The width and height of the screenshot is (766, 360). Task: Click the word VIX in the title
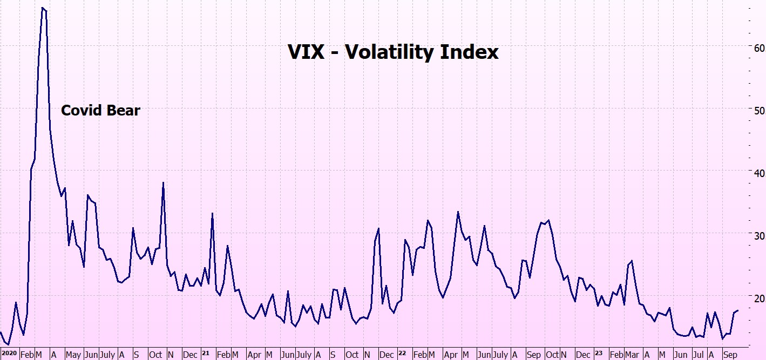coord(306,52)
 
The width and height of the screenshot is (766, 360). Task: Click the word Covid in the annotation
coord(80,111)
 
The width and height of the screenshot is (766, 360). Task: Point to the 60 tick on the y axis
coord(759,47)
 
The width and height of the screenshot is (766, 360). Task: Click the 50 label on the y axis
coord(759,110)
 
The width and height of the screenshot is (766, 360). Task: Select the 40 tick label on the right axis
coord(759,173)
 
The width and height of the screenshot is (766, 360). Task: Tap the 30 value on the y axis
coord(759,235)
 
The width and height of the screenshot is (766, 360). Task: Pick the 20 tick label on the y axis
coord(759,298)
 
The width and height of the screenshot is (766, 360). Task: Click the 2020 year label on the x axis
coord(9,354)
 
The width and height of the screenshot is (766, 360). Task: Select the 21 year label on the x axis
coord(205,354)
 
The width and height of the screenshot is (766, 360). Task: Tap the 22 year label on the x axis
coord(402,354)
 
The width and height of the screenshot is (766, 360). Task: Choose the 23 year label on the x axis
coord(598,354)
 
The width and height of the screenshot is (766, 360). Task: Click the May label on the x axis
coord(73,355)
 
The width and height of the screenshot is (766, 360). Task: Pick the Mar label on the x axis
coord(631,355)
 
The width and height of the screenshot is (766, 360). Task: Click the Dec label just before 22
coord(387,355)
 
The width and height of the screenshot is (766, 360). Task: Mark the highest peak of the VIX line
coord(42,8)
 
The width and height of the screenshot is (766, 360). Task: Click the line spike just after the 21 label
coord(212,213)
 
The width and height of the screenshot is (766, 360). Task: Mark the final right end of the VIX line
coord(738,310)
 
